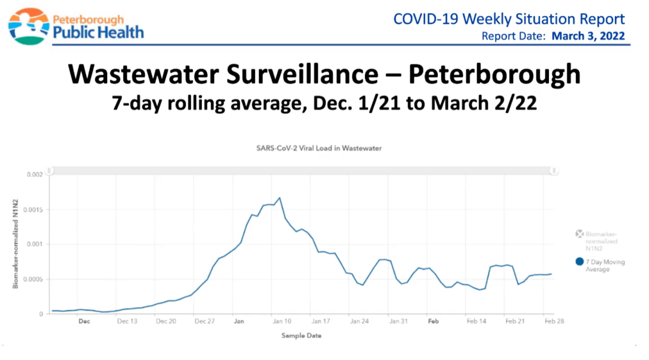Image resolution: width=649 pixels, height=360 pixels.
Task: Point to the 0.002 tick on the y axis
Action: coord(34,175)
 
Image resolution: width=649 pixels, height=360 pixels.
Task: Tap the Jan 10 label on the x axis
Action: coord(281,322)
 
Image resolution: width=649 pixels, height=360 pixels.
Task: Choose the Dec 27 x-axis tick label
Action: coord(205,322)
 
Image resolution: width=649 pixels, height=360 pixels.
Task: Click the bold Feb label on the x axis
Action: coord(432,322)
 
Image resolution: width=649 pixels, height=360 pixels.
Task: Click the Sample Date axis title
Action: coord(301,336)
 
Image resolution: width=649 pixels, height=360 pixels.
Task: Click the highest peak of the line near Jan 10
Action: coord(279,198)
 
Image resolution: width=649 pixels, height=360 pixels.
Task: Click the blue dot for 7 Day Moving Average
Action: coord(579,262)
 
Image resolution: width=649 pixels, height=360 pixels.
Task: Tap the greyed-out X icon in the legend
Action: coord(579,234)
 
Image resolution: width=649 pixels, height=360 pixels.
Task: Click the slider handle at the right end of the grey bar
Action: coord(554,171)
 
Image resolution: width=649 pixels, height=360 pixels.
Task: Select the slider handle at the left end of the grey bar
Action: coord(49,171)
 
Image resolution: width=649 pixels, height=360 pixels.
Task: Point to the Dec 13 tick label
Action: coord(127,322)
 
